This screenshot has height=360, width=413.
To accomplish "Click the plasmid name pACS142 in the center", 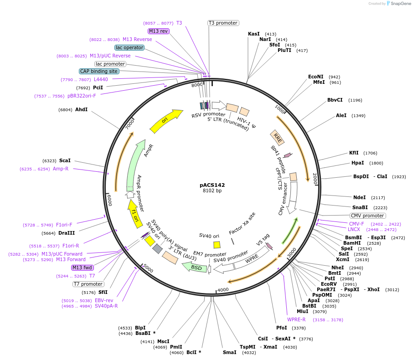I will (x=212, y=185).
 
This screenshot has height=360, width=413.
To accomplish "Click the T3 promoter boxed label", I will (x=223, y=23).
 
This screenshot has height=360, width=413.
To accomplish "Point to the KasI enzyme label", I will (x=253, y=34).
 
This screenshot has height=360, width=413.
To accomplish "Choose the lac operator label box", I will (x=129, y=47).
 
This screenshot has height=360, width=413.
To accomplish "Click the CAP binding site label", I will (x=99, y=71).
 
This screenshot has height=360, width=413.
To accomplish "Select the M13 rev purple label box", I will (x=158, y=31).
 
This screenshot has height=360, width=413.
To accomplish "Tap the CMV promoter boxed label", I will (x=367, y=216).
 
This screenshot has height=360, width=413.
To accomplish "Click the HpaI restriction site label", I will (x=357, y=163).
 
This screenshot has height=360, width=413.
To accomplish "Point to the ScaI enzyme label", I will (x=65, y=160).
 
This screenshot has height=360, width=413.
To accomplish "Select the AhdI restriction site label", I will (x=81, y=109).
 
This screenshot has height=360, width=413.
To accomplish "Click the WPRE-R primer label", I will (x=296, y=319).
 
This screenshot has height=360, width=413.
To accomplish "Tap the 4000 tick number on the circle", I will (x=223, y=290).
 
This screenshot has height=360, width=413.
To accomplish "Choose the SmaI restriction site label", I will (x=229, y=352).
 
